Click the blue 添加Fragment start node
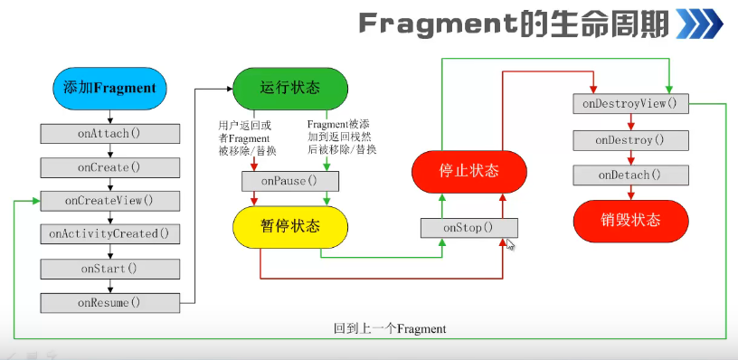pos(109,89)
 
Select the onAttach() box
pos(109,134)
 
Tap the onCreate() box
pos(109,167)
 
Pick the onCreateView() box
pos(109,201)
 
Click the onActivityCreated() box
pos(109,234)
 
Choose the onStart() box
pos(109,269)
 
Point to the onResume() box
pos(109,303)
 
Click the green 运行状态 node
pos(290,89)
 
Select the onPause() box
pos(290,181)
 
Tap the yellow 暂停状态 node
pos(290,227)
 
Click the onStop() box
pos(469,228)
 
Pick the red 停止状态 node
pos(469,172)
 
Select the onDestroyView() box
pos(630,103)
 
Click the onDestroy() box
pos(630,140)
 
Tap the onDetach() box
pos(630,175)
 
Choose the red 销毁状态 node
pos(630,222)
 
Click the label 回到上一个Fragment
pos(390,328)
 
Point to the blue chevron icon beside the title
pos(699,24)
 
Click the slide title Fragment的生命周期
pos(514,24)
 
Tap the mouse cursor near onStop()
pos(510,244)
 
